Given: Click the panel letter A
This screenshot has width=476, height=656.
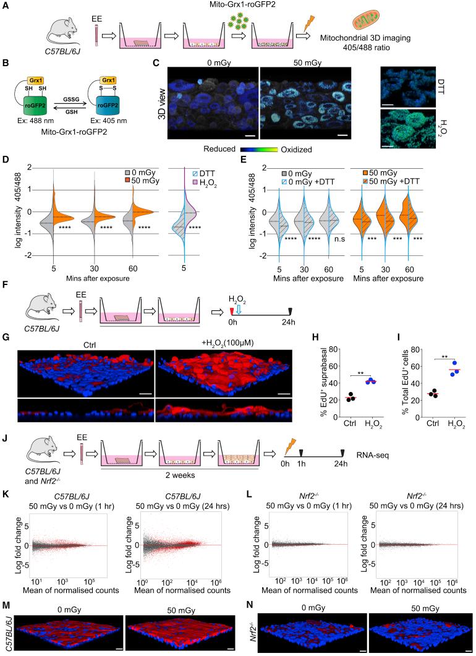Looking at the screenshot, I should coord(6,5).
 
